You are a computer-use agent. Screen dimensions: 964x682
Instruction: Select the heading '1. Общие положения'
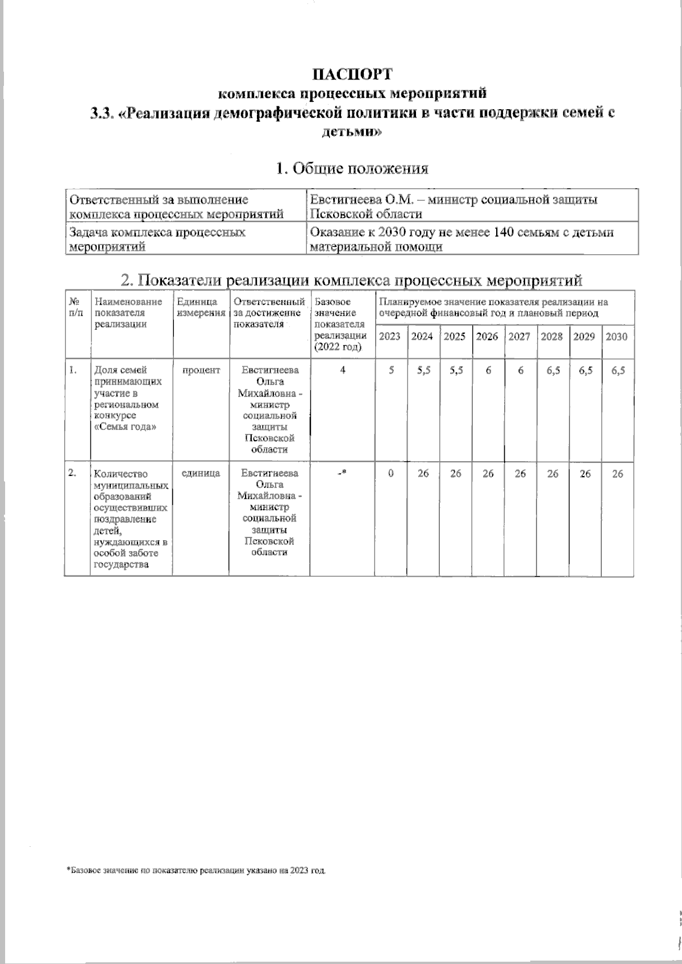tap(352, 168)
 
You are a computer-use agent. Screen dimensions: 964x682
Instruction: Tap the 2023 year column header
tap(389, 337)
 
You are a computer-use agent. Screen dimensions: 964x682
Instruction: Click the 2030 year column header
tap(617, 337)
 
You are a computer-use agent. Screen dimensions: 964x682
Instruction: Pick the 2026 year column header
tap(487, 337)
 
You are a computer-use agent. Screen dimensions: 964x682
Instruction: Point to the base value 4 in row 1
tap(342, 370)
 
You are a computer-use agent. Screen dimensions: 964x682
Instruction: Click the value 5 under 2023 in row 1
tap(390, 370)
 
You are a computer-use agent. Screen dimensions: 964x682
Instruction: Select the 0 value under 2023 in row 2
tap(390, 473)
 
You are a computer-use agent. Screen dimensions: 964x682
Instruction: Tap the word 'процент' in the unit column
tap(201, 370)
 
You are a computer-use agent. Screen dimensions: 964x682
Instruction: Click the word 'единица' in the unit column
tap(201, 473)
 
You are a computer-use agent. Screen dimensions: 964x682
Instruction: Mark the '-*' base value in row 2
tap(342, 473)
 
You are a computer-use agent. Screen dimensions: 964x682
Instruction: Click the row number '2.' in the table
tap(72, 473)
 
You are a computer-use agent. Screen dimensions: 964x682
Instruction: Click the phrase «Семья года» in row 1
tap(125, 427)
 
